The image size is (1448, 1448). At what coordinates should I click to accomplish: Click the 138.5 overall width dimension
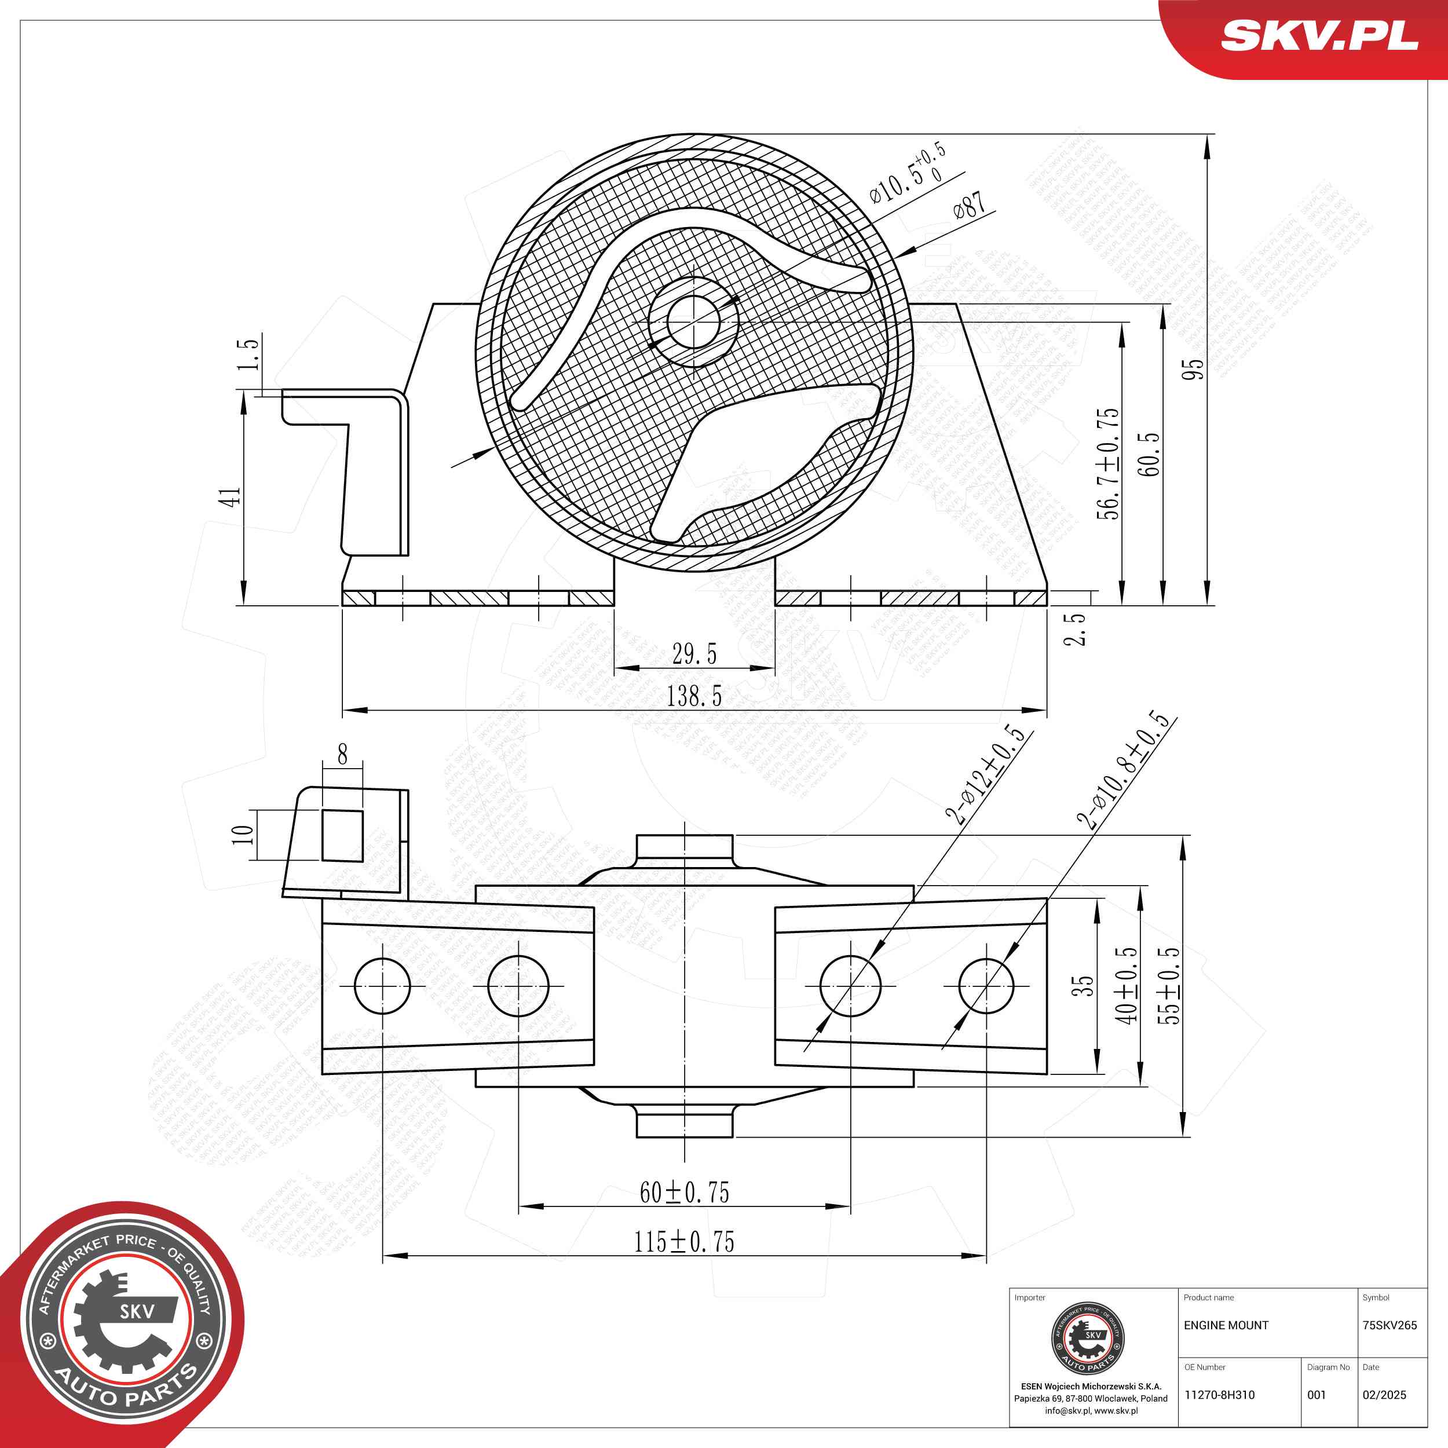coord(694,696)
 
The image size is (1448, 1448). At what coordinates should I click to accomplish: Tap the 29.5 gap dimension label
coord(694,654)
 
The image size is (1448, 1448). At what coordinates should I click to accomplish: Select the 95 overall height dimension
coord(1193,369)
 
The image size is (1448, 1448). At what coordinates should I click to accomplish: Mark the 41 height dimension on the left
coord(230,497)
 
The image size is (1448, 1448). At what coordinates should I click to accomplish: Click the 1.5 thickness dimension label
coord(248,354)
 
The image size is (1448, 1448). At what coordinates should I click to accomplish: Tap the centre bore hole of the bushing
coord(693,321)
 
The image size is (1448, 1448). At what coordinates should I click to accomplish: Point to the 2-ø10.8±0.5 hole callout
coord(1122,770)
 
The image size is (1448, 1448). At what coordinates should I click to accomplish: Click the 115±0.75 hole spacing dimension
coord(684,1242)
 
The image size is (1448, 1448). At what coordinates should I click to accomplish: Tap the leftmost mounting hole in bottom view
coord(382,986)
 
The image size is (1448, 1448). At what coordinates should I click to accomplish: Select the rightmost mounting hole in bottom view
coord(986,986)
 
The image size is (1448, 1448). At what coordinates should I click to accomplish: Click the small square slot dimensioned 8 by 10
coord(342,835)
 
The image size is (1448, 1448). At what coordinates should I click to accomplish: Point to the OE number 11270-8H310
coord(1219,1395)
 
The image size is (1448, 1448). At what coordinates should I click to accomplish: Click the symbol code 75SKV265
coord(1390,1325)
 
